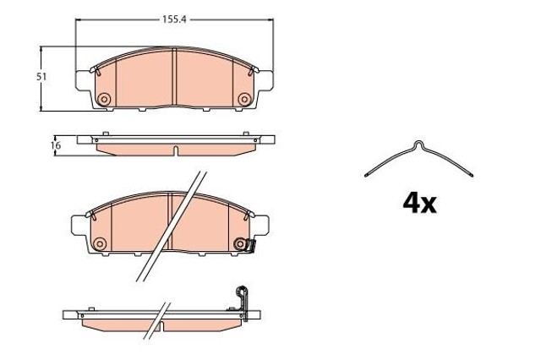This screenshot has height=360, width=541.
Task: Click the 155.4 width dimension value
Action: (x=175, y=19)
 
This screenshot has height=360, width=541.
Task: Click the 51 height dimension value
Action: (x=41, y=77)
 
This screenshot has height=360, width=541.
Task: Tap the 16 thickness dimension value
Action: (x=56, y=145)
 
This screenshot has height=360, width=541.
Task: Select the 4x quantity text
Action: (x=419, y=203)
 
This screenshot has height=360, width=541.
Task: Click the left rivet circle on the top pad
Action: (x=104, y=99)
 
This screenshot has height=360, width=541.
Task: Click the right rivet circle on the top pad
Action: (x=244, y=100)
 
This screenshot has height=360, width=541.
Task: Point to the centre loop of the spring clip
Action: (x=418, y=145)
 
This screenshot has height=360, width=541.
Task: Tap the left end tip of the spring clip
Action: (x=366, y=175)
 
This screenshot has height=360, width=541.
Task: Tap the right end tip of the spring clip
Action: (x=472, y=175)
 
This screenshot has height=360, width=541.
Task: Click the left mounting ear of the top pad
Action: (x=83, y=81)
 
